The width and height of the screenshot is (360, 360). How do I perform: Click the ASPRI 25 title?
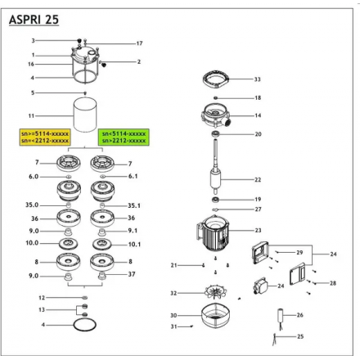point(34,20)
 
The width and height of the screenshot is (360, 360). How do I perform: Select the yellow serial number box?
point(45,137)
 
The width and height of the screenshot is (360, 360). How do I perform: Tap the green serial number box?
point(124,137)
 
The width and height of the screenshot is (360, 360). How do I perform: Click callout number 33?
point(257,79)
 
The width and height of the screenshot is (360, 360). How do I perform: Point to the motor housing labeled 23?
point(213,232)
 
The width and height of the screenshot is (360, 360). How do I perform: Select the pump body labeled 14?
point(216,115)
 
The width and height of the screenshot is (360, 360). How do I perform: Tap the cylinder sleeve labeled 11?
point(85,115)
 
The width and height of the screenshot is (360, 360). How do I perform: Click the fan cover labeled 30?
point(215,316)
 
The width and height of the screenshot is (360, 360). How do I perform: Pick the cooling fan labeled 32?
point(216,292)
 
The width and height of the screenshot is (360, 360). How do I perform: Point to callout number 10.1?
point(134,245)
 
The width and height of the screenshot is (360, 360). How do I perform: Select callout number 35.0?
point(32,205)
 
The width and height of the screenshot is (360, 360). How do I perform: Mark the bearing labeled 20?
point(216,134)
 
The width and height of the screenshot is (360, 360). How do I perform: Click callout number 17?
point(139,43)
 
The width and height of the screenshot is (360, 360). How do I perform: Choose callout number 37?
point(132,274)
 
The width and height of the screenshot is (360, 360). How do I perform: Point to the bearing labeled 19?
point(216,200)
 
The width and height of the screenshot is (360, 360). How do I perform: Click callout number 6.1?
point(133,176)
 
